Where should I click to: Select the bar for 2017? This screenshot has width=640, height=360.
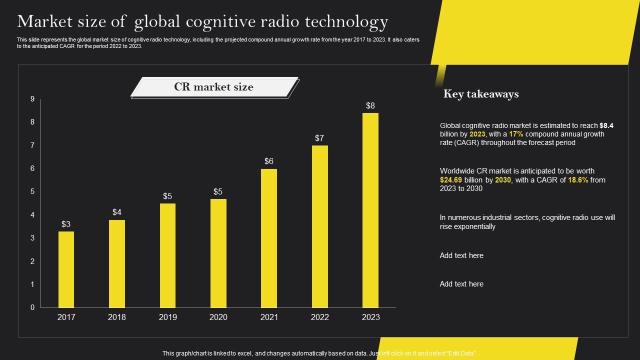tap(66, 269)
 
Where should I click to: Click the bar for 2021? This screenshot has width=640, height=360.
tap(269, 238)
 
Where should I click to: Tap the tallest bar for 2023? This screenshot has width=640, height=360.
tap(370, 210)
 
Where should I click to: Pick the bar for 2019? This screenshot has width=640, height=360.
tap(167, 255)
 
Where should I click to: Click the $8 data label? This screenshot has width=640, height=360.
tap(370, 105)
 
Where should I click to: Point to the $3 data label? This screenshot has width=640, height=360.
tap(66, 224)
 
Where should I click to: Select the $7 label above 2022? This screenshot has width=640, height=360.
tap(319, 138)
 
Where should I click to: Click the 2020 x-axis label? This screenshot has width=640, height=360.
tap(218, 317)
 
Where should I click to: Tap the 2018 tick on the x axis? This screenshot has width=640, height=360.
tap(116, 317)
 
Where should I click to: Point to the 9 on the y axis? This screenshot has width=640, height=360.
tap(32, 99)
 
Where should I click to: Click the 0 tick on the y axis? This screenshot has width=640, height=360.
tap(32, 307)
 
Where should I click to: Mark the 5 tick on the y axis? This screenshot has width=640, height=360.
tap(32, 191)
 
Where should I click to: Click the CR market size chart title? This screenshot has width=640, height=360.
tap(213, 87)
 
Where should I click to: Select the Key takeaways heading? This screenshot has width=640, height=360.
tap(480, 94)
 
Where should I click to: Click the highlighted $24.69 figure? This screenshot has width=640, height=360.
tap(451, 180)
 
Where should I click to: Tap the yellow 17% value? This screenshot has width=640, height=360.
tap(516, 134)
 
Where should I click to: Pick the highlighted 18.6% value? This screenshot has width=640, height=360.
tap(578, 180)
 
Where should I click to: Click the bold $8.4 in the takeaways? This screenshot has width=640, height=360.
tap(606, 125)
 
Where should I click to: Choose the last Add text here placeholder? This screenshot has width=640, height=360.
tap(461, 284)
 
